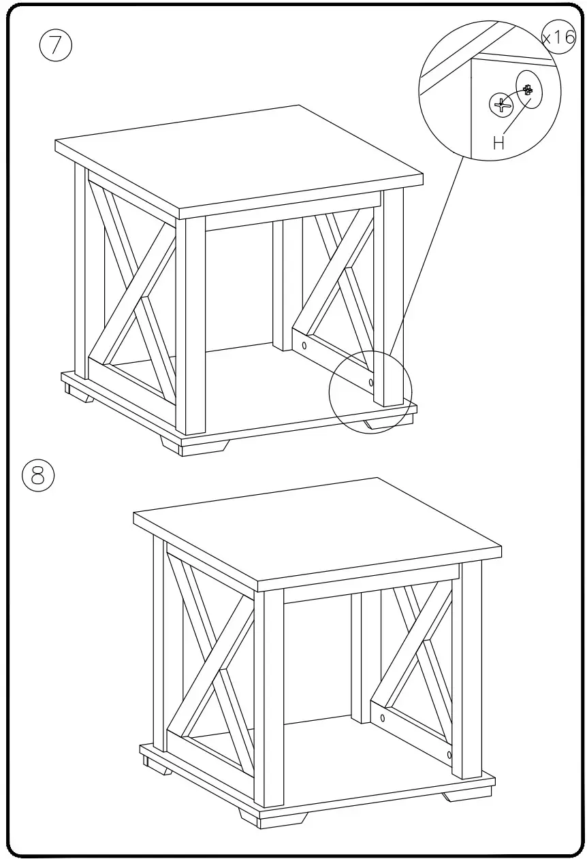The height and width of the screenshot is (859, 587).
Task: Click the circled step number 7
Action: click(x=56, y=45)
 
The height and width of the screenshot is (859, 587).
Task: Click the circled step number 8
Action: click(x=37, y=474)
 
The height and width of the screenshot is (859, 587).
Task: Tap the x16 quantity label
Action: click(x=559, y=37)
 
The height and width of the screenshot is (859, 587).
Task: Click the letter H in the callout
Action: click(x=498, y=142)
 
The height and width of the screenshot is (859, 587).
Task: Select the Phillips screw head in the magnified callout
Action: click(x=502, y=104)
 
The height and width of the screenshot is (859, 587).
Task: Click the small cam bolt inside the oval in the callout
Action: click(x=528, y=88)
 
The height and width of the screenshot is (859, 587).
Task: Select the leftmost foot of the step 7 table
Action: click(x=79, y=393)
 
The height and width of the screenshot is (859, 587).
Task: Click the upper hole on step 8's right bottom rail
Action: click(x=382, y=717)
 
